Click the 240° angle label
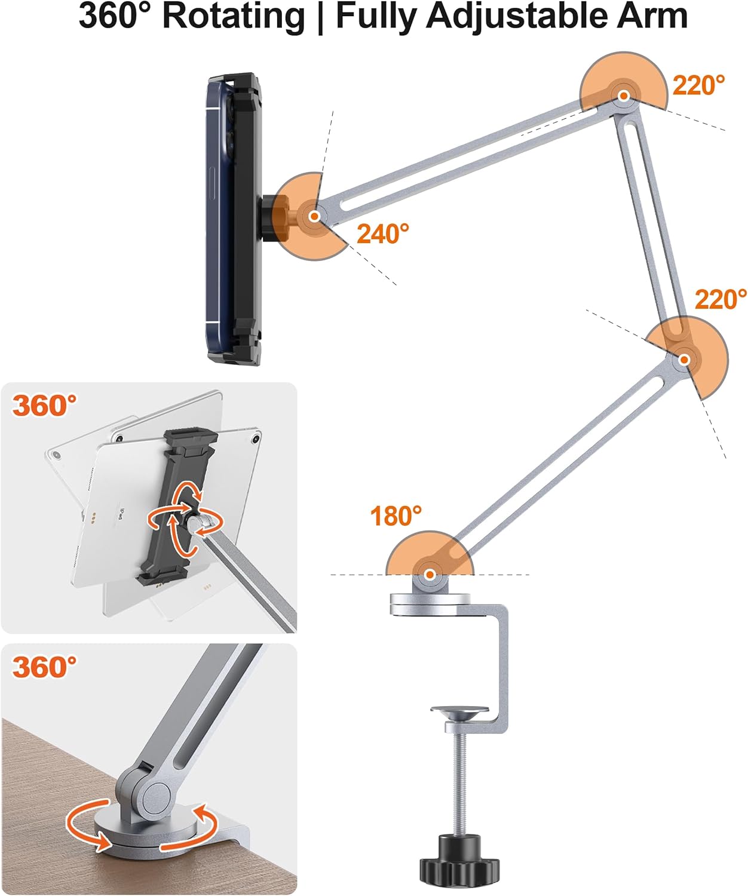(x=383, y=234)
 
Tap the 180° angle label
(x=396, y=516)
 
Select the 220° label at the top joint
(x=698, y=85)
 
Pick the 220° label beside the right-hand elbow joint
(x=721, y=299)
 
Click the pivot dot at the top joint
(x=624, y=95)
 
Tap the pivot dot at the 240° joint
(x=314, y=216)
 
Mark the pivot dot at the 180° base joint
(x=429, y=575)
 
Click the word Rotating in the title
(x=234, y=17)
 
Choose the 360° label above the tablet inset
(x=45, y=406)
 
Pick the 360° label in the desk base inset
(x=45, y=666)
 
